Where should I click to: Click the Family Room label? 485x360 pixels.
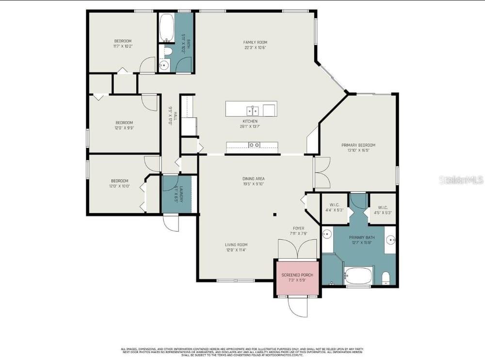255,43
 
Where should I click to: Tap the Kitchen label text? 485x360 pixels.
250,121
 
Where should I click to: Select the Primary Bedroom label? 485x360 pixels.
358,145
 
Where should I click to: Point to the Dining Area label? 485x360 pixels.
254,179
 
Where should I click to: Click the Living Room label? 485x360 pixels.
236,245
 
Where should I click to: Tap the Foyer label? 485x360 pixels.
298,228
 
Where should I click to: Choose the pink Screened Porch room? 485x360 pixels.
297,278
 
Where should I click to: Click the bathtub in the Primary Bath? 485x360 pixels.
358,276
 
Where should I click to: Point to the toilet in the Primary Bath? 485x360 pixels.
386,278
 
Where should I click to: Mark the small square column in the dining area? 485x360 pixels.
275,214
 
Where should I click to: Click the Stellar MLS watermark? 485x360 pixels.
461,180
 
